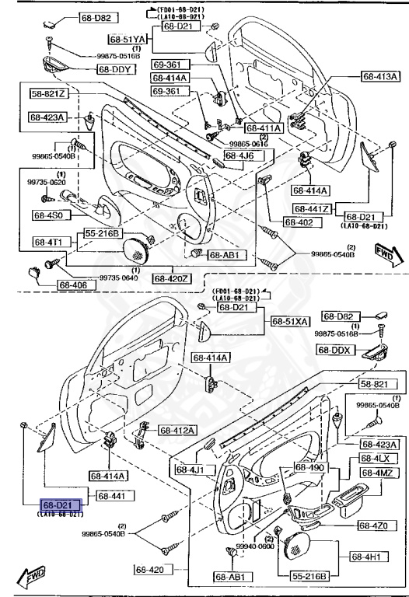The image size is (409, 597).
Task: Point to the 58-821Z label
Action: click(x=49, y=94)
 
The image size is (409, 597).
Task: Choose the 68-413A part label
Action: click(x=380, y=76)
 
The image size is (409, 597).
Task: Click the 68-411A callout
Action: click(x=264, y=127)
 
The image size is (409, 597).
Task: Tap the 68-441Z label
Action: click(x=313, y=209)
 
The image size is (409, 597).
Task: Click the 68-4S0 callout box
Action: click(x=51, y=215)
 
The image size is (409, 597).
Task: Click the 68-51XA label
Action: click(x=290, y=321)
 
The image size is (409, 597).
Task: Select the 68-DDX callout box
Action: click(x=336, y=350)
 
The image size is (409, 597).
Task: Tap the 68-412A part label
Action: click(x=178, y=430)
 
